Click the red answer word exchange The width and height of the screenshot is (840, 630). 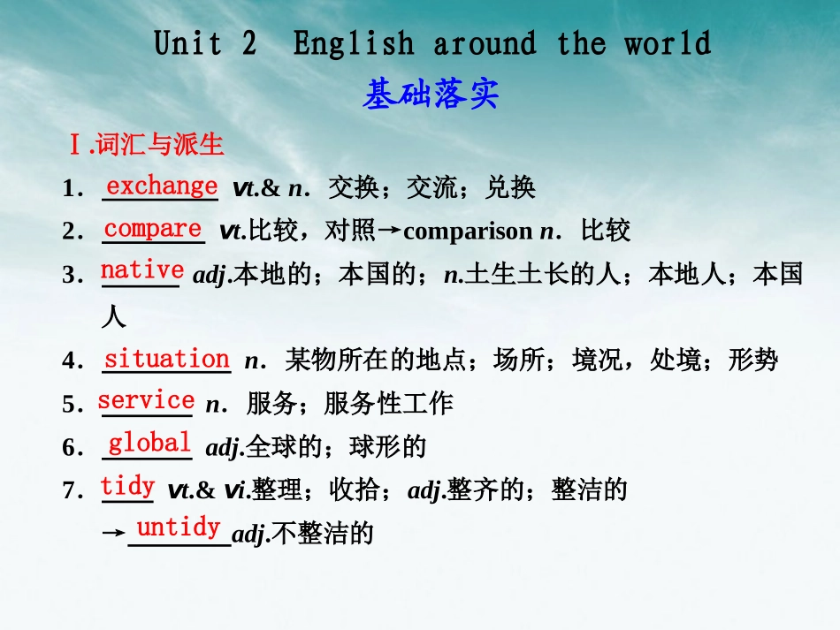coord(161,186)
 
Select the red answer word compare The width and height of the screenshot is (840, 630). coord(153,228)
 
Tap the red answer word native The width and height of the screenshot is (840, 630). coord(142,269)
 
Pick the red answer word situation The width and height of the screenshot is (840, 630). coord(166,359)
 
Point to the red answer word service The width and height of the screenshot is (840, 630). coord(146,400)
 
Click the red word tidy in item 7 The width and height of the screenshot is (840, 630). coord(128,485)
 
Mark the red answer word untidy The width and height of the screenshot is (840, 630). coord(178,528)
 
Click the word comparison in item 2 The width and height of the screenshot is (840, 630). coord(468,232)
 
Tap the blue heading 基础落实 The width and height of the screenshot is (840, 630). coord(431,95)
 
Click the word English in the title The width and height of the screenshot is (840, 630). coord(353,43)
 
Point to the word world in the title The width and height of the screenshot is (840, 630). coord(668,43)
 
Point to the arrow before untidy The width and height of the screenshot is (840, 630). coord(114,535)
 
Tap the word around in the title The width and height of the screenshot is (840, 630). coord(484,43)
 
